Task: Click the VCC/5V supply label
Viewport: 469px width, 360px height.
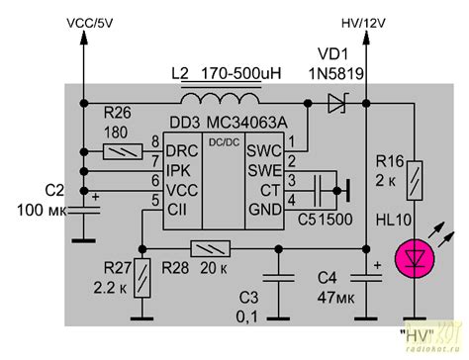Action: (94, 21)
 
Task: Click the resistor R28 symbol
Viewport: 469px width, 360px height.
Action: (209, 249)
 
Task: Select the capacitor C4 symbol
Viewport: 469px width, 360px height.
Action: (365, 278)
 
